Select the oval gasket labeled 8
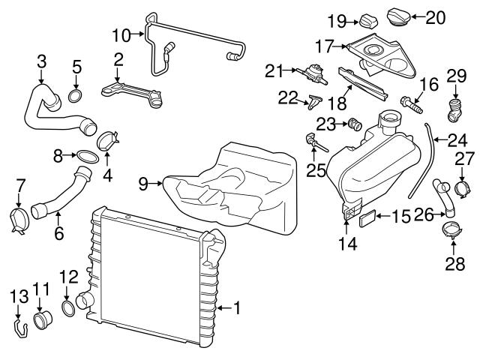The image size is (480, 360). [87, 157]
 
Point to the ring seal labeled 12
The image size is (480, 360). [68, 308]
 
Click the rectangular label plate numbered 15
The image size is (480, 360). [367, 218]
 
